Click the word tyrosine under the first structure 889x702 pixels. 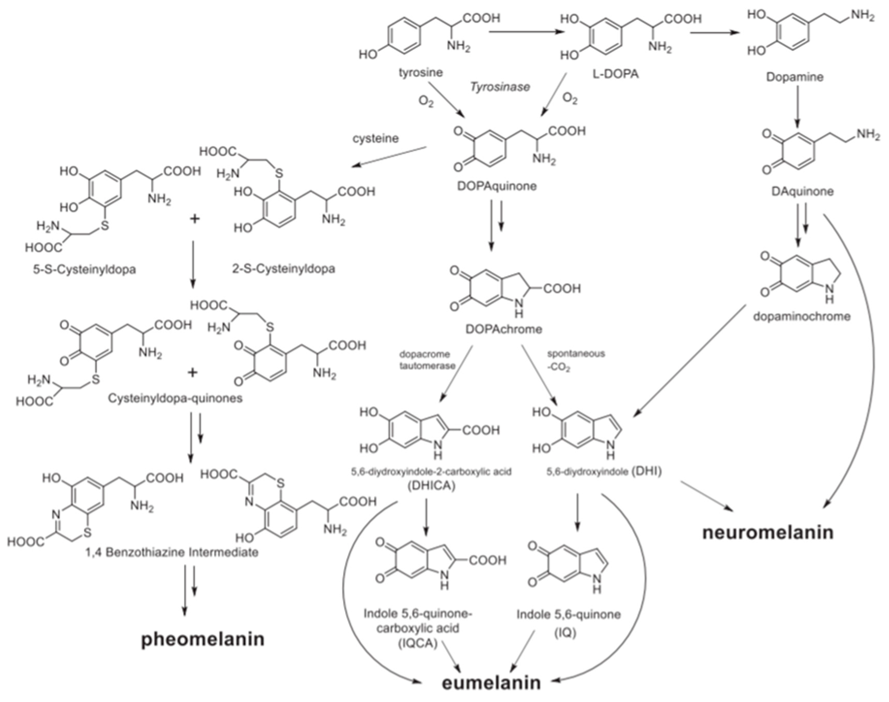[x=421, y=73]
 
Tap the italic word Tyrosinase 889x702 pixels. [x=500, y=87]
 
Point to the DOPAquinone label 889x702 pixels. [x=497, y=186]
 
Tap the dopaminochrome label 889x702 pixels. [x=801, y=317]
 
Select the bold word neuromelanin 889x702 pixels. [x=768, y=532]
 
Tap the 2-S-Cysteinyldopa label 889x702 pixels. [x=284, y=269]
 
